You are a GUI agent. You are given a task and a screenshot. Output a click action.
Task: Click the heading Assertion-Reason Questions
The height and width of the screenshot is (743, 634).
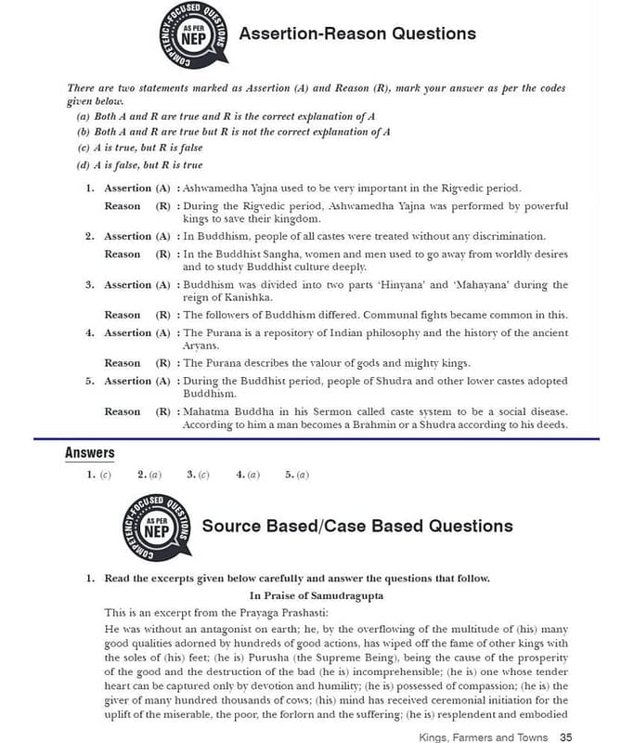pos(357,34)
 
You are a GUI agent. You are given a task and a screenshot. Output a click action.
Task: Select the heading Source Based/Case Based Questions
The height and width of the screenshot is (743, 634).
pos(357,526)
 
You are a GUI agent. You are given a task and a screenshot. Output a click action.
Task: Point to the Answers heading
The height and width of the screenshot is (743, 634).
pos(90,453)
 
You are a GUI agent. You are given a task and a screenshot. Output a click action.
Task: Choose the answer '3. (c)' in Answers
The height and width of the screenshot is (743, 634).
pos(198,475)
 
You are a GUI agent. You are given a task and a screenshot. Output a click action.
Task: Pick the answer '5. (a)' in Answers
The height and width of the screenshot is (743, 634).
pos(297,475)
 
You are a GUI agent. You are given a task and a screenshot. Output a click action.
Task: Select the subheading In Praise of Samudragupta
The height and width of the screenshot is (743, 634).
pos(317,595)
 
